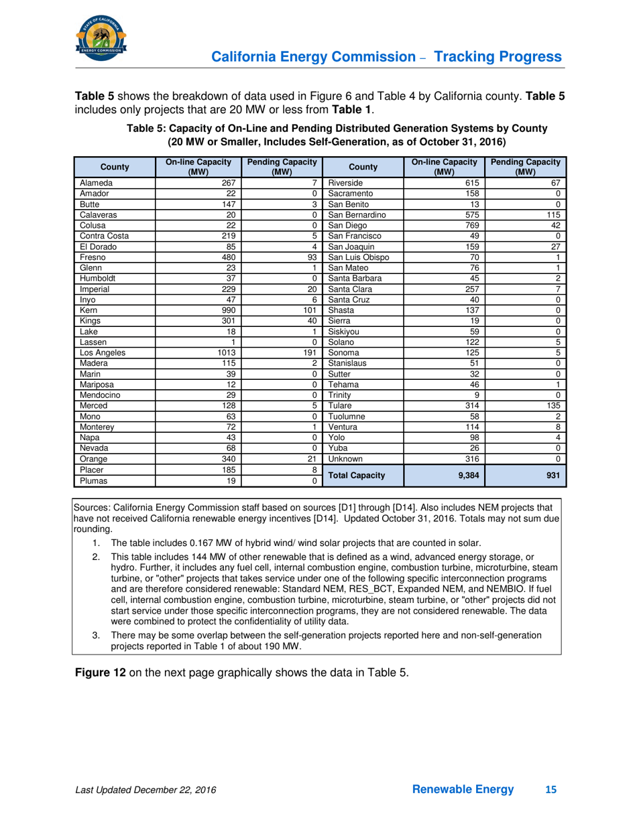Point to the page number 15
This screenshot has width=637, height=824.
551,790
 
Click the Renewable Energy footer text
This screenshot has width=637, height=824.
463,790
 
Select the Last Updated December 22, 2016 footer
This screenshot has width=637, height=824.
146,791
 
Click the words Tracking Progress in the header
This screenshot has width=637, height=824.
499,57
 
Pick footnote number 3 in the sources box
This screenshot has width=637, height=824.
96,635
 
